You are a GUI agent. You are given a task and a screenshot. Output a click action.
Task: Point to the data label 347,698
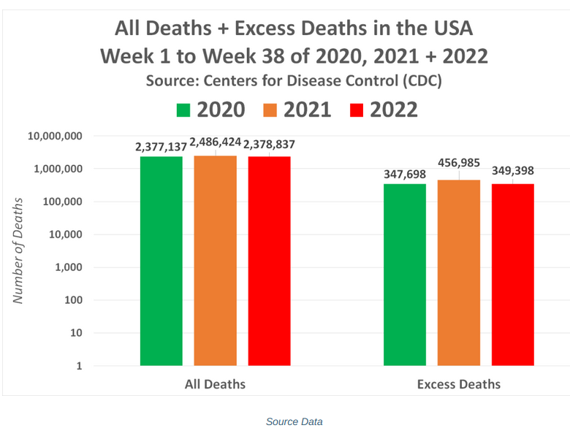(405, 175)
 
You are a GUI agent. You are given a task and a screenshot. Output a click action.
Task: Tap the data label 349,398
(512, 172)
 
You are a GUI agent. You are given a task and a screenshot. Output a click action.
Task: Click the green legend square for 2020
(183, 110)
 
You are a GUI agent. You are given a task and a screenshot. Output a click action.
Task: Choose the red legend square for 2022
(357, 110)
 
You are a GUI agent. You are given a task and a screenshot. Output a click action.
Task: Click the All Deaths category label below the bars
(215, 384)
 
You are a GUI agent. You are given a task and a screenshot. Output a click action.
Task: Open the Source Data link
(294, 421)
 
